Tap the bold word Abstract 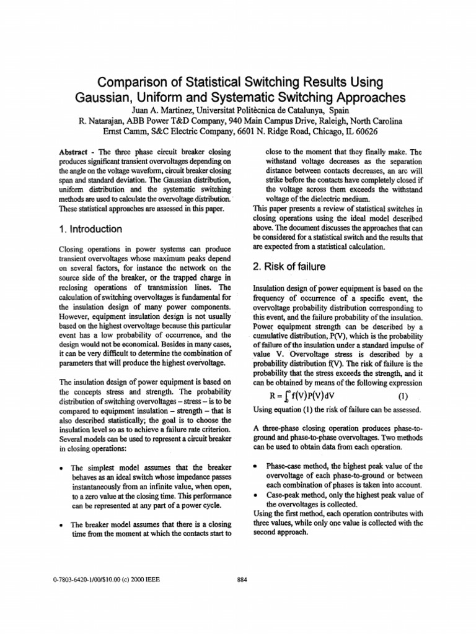coord(73,152)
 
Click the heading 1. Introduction coord(90,229)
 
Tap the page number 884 coord(242,580)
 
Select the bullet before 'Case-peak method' coord(257,495)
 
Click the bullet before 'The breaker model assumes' coord(63,524)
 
